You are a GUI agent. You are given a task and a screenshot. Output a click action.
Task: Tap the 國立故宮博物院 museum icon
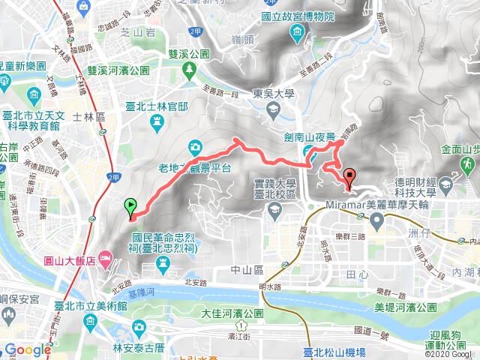[x=298, y=31]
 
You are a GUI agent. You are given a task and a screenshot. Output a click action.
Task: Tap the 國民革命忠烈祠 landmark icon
[x=164, y=262]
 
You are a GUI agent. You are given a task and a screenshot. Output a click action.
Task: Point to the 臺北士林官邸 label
[x=157, y=106]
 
